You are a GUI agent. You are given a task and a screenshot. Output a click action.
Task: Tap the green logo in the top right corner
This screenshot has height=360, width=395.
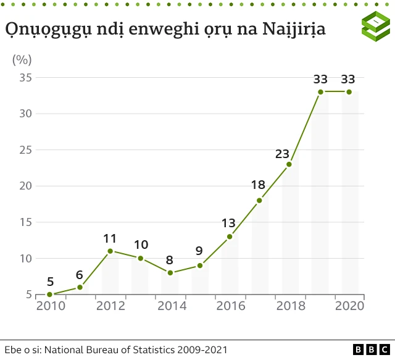pos(376,27)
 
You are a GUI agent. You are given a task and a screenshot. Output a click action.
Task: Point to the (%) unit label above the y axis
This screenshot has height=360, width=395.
pos(22,60)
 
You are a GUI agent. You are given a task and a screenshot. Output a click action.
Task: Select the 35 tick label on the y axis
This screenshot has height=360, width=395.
pos(25,78)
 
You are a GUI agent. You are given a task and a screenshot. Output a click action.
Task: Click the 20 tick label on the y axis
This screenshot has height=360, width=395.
pos(25,186)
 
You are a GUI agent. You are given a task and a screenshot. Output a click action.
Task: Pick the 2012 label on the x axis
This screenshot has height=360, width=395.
pos(110,306)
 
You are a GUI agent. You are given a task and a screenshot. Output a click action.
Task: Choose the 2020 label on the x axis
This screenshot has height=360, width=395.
pos(349,306)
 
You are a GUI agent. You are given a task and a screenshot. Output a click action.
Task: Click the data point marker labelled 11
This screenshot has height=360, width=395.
pos(110,251)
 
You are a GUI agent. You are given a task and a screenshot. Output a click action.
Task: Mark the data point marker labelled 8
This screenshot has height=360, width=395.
pos(170,272)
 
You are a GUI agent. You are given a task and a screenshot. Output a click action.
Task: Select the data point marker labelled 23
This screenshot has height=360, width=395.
pos(289,164)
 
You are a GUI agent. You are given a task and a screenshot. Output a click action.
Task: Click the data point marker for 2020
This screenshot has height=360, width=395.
pos(349,92)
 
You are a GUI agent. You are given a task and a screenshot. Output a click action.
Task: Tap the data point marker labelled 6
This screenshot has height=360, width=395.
pos(80,287)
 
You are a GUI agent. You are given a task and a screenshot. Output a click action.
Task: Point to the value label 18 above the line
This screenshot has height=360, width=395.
pos(258,185)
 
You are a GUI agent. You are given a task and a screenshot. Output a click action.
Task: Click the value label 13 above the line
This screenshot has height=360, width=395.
pos(228,223)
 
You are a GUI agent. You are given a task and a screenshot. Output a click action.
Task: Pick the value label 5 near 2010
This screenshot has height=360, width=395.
pos(50,282)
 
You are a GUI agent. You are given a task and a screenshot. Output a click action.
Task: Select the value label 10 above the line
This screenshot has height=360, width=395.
pos(140,245)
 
